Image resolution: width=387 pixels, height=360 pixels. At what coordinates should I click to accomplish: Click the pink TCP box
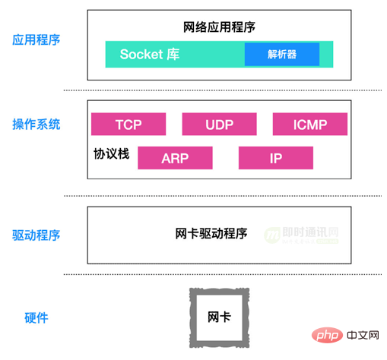pyautogui.click(x=128, y=124)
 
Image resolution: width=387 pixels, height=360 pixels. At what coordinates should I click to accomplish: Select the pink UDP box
pyautogui.click(x=219, y=124)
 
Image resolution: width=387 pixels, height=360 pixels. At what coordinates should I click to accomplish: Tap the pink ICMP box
pyautogui.click(x=310, y=124)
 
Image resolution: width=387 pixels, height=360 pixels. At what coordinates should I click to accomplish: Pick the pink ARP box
pyautogui.click(x=175, y=158)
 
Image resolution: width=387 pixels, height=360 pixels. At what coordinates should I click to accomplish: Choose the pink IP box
pyautogui.click(x=276, y=158)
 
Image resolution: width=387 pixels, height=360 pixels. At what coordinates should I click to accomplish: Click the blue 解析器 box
pyautogui.click(x=282, y=54)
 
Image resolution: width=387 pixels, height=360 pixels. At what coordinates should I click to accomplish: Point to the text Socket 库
pyautogui.click(x=150, y=54)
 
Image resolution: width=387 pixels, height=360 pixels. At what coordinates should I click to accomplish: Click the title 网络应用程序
pyautogui.click(x=219, y=27)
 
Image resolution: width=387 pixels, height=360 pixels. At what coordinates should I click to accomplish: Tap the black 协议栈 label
pyautogui.click(x=112, y=153)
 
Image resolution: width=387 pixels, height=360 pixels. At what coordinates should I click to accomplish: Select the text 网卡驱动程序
pyautogui.click(x=211, y=233)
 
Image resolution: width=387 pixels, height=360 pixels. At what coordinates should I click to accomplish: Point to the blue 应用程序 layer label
pyautogui.click(x=36, y=40)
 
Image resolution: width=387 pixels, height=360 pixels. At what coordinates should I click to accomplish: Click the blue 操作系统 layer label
pyautogui.click(x=36, y=125)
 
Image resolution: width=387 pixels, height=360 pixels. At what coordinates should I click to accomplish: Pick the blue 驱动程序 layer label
pyautogui.click(x=36, y=235)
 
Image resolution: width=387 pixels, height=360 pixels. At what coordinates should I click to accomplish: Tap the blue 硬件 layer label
pyautogui.click(x=36, y=318)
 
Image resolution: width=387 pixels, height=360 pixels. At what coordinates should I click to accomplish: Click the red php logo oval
pyautogui.click(x=327, y=335)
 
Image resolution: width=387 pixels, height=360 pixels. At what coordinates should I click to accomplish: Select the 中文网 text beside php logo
pyautogui.click(x=363, y=336)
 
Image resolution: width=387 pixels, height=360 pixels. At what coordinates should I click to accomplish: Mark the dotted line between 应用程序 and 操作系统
pyautogui.click(x=223, y=90)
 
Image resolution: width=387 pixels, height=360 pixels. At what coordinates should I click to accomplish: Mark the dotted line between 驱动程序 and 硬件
pyautogui.click(x=223, y=274)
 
